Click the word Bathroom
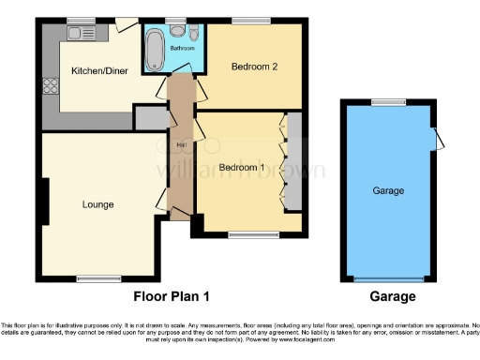tap(182, 47)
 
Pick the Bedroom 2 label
tap(253, 67)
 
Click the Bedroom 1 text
tap(241, 167)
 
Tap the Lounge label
tap(97, 204)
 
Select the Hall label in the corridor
tap(178, 146)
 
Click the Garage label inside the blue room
tap(388, 190)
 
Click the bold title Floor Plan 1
tap(172, 296)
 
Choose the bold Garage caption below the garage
tap(392, 296)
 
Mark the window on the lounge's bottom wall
tap(92, 277)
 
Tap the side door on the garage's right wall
tap(436, 138)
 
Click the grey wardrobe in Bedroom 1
tap(293, 161)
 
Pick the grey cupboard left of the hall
tap(149, 119)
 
